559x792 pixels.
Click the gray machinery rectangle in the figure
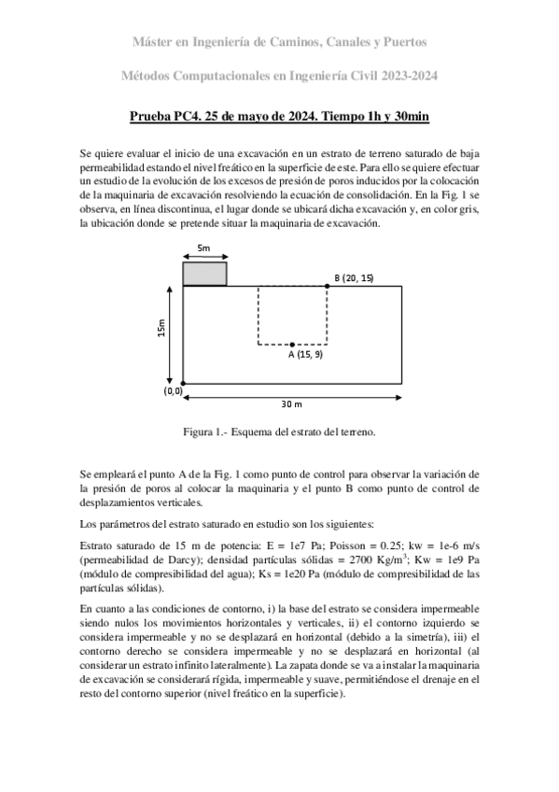(204, 274)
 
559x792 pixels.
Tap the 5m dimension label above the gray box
(203, 247)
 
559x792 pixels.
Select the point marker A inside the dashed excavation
(292, 345)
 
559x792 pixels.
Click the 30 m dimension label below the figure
(292, 404)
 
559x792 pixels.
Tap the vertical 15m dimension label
(162, 331)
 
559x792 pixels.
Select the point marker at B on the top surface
(328, 286)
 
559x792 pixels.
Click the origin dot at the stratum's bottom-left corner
(183, 383)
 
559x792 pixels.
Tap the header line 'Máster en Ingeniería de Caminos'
(279, 42)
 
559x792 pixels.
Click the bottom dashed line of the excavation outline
(292, 345)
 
